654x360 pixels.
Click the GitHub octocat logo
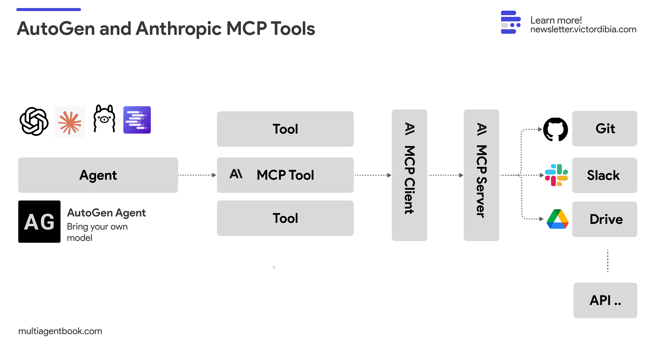coord(555,129)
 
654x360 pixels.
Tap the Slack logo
coord(556,175)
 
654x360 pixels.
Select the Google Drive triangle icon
coord(558,219)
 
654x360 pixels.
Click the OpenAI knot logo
coord(34,121)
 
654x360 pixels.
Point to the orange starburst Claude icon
coord(70,122)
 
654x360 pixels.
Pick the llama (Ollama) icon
coord(104,119)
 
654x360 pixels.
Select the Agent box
coord(98,175)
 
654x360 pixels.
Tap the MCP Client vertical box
coord(409,175)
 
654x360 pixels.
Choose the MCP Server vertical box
coord(481,175)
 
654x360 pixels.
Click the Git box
coord(605,129)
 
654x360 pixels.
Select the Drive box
coord(605,219)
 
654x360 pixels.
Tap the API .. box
coord(605,300)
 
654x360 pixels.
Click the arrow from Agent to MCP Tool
coord(197,175)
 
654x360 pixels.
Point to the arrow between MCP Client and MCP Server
coord(445,175)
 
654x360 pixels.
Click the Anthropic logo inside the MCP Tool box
coord(236,174)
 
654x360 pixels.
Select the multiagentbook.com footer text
coord(60,331)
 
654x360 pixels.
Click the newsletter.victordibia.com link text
coord(583,30)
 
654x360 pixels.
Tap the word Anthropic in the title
coord(179,28)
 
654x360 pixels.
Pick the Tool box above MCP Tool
coord(285,129)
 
